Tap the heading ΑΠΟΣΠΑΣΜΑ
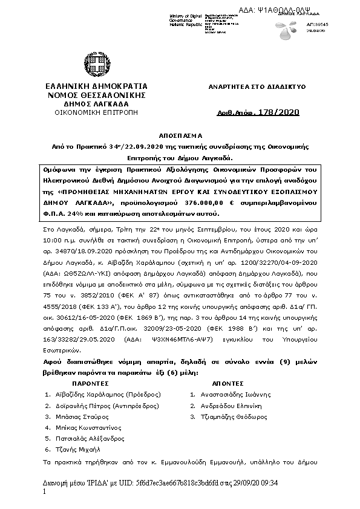[x=180, y=137]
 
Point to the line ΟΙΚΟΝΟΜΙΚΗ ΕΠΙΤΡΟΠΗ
[x=96, y=112]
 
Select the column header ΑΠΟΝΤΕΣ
[x=227, y=383]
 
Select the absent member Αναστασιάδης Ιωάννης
[x=236, y=394]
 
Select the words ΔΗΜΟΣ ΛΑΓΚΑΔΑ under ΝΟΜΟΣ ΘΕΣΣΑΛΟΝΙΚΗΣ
[x=96, y=104]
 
